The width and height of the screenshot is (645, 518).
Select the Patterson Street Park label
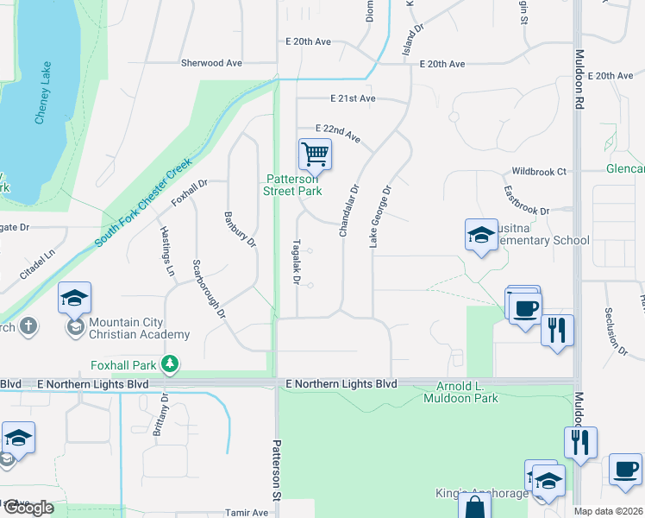pos(293,185)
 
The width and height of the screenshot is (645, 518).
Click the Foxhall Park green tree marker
pos(171,364)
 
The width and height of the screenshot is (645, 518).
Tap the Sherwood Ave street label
pos(211,63)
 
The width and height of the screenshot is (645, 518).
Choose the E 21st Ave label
pos(353,98)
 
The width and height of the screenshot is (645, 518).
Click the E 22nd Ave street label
pos(338,132)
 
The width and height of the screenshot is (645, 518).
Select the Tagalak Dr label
pos(296,262)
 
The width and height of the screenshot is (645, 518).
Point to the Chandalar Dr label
pos(348,211)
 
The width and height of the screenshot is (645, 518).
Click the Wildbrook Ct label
pos(539,172)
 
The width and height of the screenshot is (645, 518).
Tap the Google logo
pos(28,509)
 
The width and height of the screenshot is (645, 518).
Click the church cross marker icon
pos(28,327)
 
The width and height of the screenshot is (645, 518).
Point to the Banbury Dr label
pos(240,229)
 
